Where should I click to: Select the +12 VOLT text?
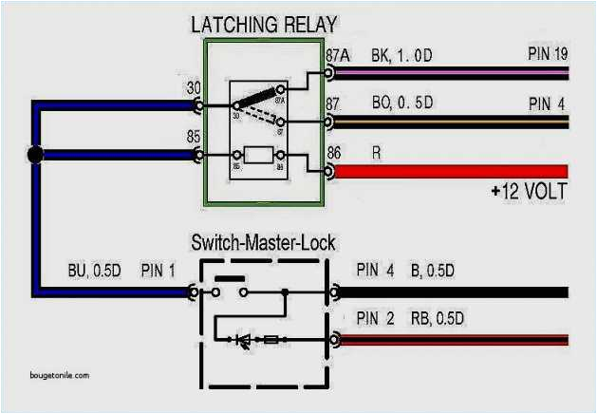click(x=530, y=192)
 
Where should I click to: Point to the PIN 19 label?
click(x=549, y=53)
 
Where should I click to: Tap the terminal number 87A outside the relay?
click(x=337, y=54)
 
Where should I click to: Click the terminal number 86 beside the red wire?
click(x=334, y=152)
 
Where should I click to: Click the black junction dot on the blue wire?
click(x=35, y=155)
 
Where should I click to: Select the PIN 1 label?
click(x=158, y=271)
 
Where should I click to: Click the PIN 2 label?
click(x=375, y=317)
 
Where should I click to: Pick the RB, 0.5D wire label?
click(x=432, y=317)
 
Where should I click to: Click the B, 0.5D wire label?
click(x=432, y=271)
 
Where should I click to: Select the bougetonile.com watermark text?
click(x=53, y=374)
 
